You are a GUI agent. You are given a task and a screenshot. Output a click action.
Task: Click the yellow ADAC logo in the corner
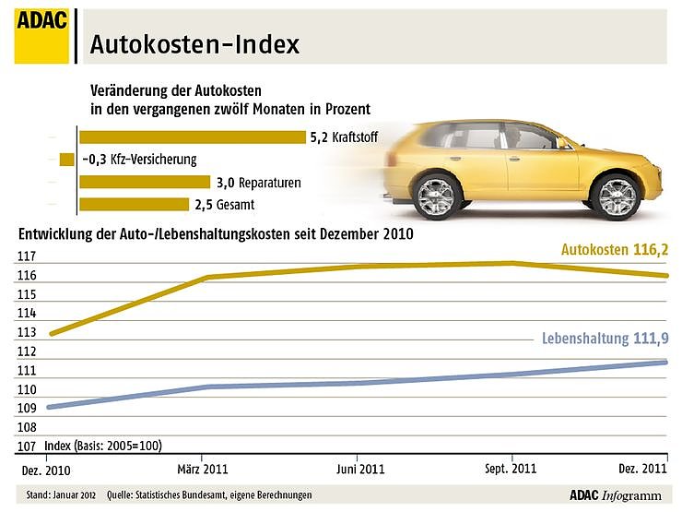point(41,36)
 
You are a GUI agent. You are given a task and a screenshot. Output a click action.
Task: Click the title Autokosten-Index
point(194,44)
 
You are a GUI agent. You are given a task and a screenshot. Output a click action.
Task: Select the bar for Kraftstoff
point(192,137)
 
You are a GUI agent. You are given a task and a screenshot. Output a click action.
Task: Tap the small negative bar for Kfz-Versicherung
point(66,160)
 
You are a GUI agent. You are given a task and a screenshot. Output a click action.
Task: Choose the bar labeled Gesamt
point(133,205)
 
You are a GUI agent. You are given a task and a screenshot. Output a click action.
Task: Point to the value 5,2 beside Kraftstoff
point(319,137)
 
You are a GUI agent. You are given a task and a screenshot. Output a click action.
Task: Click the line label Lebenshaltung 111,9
point(604,339)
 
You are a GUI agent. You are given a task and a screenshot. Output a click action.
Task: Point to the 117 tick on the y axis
point(27,256)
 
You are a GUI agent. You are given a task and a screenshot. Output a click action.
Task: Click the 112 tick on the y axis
point(27,351)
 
